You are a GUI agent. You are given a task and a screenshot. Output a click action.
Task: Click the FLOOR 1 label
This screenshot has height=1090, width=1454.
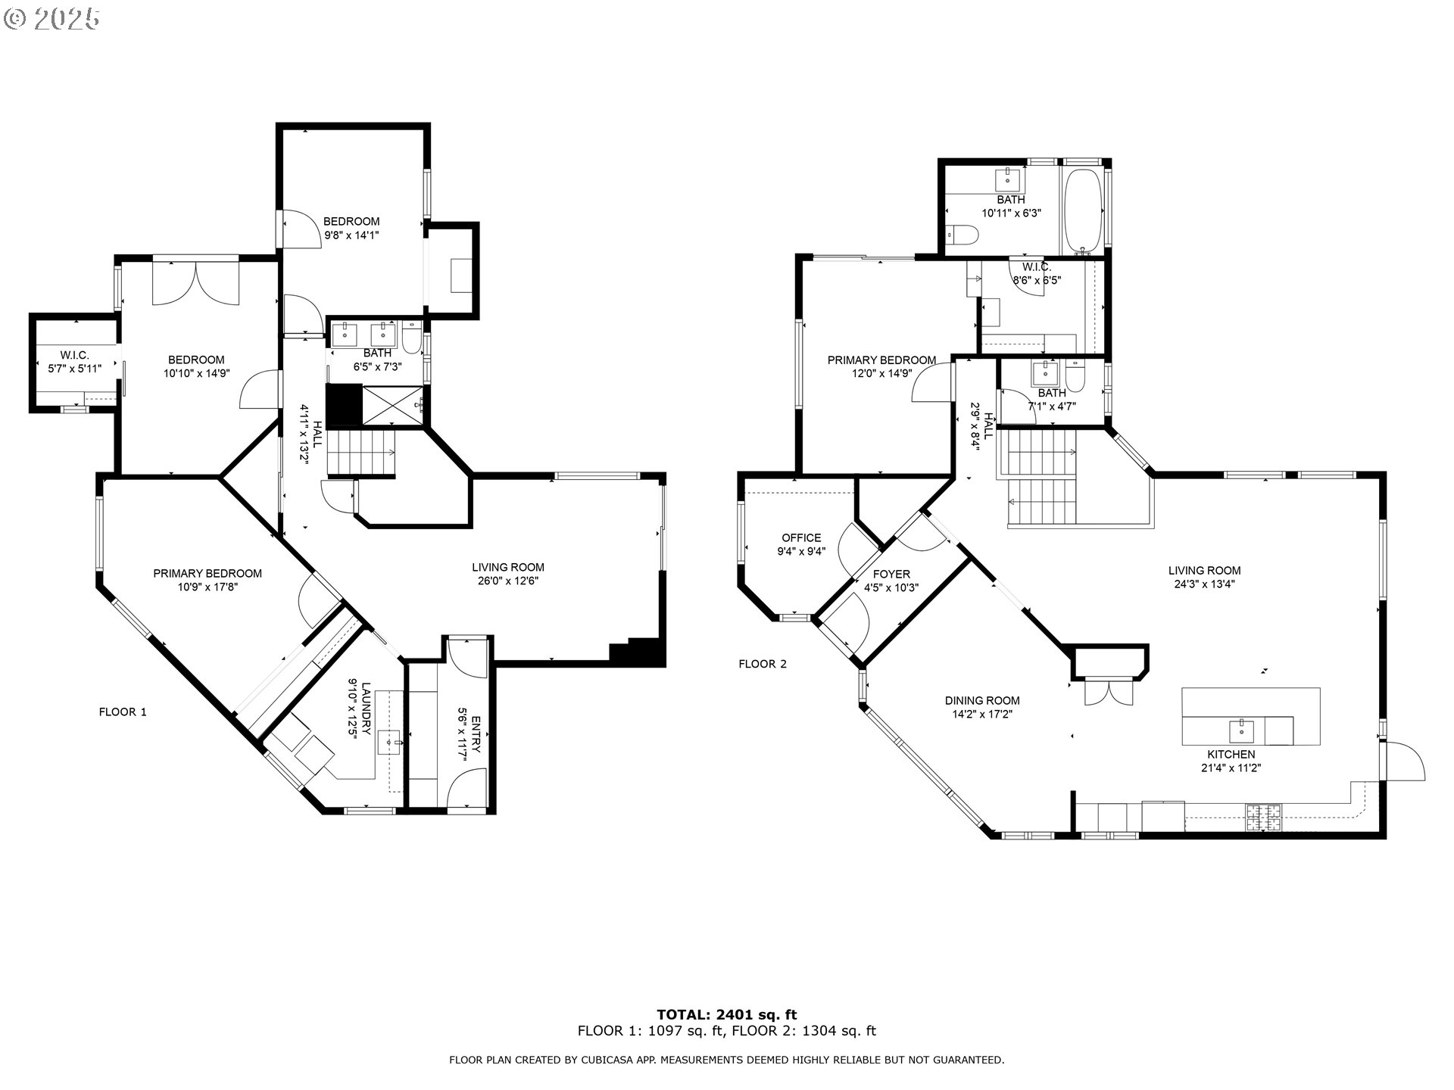pos(123,712)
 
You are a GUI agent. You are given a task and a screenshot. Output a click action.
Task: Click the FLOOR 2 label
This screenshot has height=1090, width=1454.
pos(763,664)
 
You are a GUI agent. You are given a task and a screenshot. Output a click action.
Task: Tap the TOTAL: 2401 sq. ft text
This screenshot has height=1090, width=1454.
pos(726,1014)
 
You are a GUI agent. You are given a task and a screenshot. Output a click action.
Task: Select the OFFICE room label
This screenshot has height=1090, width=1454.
pos(801,538)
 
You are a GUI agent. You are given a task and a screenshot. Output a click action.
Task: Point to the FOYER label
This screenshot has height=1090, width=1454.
pos(891,575)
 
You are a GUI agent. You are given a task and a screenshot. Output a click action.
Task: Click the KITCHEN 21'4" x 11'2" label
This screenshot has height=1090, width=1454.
pos(1231,761)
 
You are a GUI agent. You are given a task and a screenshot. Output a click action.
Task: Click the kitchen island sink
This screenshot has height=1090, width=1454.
pos(1241,732)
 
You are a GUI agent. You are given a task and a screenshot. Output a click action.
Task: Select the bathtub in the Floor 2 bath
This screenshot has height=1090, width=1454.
pos(1084,211)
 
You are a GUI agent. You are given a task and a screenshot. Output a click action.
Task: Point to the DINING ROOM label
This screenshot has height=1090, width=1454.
pos(981,701)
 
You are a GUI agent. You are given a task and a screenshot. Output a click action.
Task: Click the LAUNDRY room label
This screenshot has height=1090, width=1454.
pos(366,709)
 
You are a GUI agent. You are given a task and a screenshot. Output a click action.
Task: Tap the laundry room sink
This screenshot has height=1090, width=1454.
pos(392,742)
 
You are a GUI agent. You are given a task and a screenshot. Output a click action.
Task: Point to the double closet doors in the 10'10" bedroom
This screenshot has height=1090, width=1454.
pos(196,284)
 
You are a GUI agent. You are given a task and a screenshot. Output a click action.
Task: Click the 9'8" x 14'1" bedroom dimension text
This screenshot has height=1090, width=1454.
pos(351,235)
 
